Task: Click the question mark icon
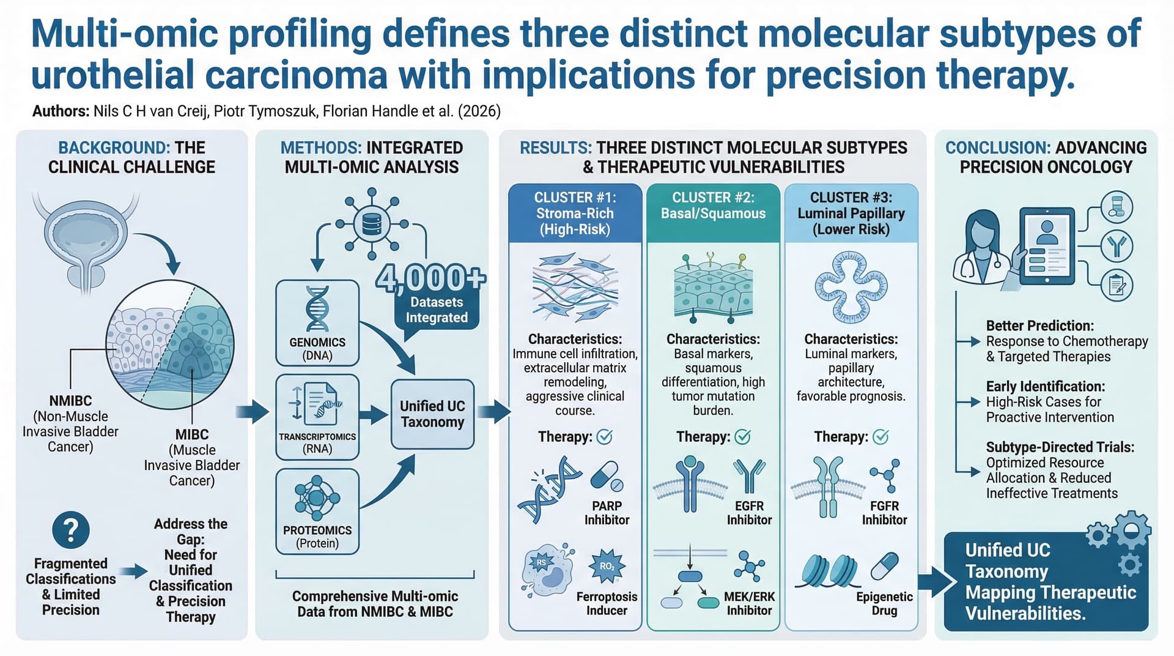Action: [x=71, y=530]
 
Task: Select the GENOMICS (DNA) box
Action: [x=317, y=323]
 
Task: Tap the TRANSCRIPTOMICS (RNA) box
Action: [x=317, y=417]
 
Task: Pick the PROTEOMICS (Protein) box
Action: [x=317, y=512]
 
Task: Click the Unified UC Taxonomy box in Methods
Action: [x=432, y=414]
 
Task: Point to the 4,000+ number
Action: [x=430, y=278]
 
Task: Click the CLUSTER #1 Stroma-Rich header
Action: [x=575, y=214]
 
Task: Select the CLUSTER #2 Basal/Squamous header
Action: [x=713, y=214]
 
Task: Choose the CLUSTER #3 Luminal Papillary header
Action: [x=851, y=214]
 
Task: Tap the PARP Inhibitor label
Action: [x=607, y=513]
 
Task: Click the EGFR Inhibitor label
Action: [x=749, y=513]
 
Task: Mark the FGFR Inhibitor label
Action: [x=884, y=513]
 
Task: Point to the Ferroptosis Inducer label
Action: [x=607, y=603]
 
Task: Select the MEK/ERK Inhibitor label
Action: [x=749, y=603]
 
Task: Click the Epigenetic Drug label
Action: [x=884, y=603]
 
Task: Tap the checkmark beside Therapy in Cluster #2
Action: [x=742, y=437]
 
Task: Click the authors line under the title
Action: [x=267, y=111]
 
